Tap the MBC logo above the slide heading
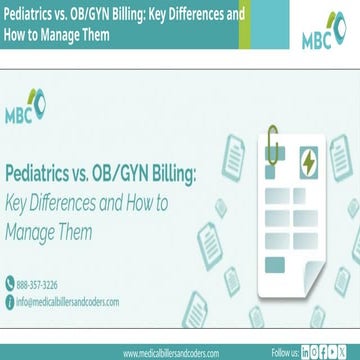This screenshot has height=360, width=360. (29, 108)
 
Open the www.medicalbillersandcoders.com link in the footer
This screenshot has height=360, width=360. (178, 353)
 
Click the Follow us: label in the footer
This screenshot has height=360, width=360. (285, 353)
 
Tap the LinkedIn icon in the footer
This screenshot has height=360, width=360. (307, 353)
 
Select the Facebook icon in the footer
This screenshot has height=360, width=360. (329, 353)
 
